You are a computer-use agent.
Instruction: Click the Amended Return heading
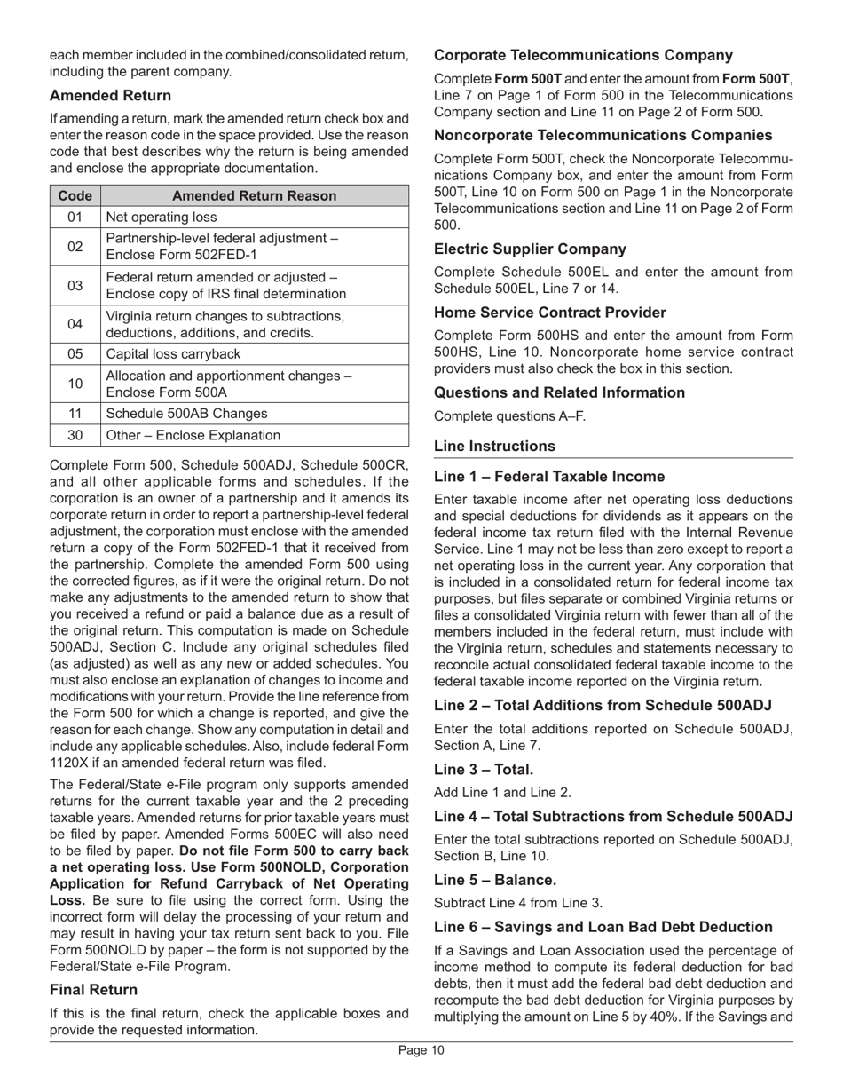coord(110,95)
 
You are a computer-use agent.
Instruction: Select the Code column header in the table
coord(75,195)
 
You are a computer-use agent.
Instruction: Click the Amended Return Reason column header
coord(254,195)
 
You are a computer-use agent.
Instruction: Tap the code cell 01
coord(75,217)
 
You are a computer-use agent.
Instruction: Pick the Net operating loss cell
coord(162,217)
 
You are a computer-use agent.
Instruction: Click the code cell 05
coord(75,353)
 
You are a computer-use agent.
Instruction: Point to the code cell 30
coord(75,435)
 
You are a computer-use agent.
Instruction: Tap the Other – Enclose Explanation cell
coord(193,435)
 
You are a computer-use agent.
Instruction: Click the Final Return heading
coord(93,990)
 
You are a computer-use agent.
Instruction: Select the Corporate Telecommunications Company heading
coord(583,55)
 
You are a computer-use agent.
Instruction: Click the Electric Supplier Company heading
coord(530,249)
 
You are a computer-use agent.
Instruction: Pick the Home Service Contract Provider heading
coord(549,313)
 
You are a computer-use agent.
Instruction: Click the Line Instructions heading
coord(494,446)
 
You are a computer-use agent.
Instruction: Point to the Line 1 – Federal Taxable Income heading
coord(549,477)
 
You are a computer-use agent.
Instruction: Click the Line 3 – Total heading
coord(484,770)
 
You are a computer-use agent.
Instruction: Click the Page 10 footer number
coord(421,1051)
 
